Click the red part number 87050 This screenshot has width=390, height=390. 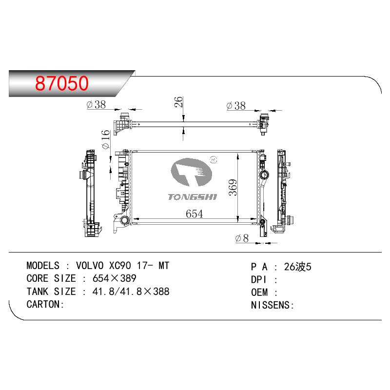click(x=62, y=83)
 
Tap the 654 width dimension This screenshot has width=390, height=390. click(x=194, y=214)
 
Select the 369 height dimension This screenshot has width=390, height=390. click(x=233, y=187)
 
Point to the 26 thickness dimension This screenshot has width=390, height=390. click(x=178, y=102)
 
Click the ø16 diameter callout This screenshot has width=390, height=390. click(x=106, y=139)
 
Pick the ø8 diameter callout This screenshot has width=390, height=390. click(x=242, y=238)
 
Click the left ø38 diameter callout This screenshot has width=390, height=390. click(x=96, y=104)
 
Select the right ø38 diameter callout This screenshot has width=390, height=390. click(x=236, y=105)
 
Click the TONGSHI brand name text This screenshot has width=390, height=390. click(x=192, y=197)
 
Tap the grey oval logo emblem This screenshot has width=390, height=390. click(x=191, y=172)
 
